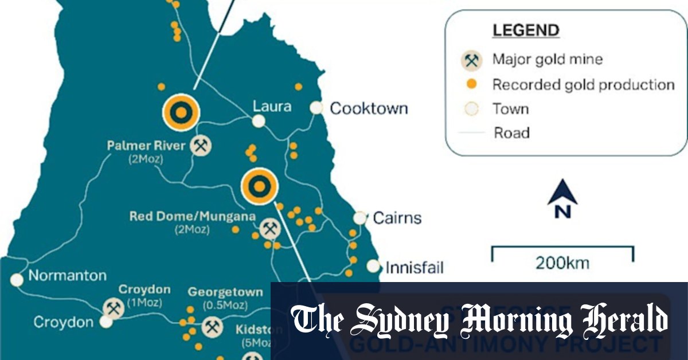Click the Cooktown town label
pos(369,108)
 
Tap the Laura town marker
pos(259,121)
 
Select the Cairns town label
pos(397,218)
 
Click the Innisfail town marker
pos(373,266)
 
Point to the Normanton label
pos(68,276)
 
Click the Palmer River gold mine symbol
pos(201,146)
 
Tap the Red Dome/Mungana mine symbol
pos(269,229)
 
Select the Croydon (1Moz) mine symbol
pos(114,309)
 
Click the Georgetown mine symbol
pos(213,327)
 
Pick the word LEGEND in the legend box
pos(525,30)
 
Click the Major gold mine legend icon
pos(472,60)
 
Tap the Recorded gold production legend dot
pos(472,84)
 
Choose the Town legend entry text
pos(510,109)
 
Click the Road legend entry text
pos(511,133)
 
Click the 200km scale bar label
pos(562,264)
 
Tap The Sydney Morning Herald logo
pos(479,321)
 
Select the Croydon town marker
pos(105,322)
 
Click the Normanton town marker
pos(17,280)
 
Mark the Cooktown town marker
pos(316,108)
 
